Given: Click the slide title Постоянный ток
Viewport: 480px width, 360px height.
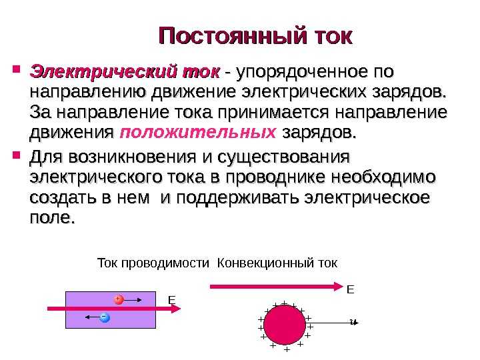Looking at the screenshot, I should tap(254, 35).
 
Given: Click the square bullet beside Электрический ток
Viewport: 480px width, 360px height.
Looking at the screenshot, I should tap(17, 69).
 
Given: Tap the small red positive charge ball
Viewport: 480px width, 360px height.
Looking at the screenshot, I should tap(118, 299).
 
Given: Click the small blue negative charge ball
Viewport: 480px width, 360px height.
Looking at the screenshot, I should tap(103, 317).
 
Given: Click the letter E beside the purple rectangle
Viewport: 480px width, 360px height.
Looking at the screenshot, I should tap(171, 301).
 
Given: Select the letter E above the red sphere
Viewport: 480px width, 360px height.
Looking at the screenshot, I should tap(351, 289).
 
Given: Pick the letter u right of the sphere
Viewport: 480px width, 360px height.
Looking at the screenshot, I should tap(353, 322).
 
